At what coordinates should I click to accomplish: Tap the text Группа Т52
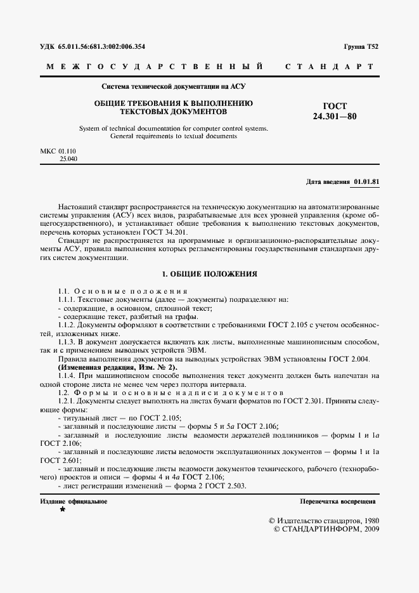pos(361,47)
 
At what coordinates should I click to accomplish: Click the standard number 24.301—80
pos(335,117)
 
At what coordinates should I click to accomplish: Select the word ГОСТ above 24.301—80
pos(335,107)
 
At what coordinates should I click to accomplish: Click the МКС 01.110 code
pos(58,151)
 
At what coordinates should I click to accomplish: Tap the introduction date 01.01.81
pos(366,182)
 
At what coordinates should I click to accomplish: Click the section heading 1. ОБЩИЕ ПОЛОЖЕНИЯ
pos(209,274)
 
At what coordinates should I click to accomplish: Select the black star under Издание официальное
pos(62,509)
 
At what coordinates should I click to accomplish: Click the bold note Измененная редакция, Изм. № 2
pos(118,368)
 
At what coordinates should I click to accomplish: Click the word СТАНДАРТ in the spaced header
pos(329,67)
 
